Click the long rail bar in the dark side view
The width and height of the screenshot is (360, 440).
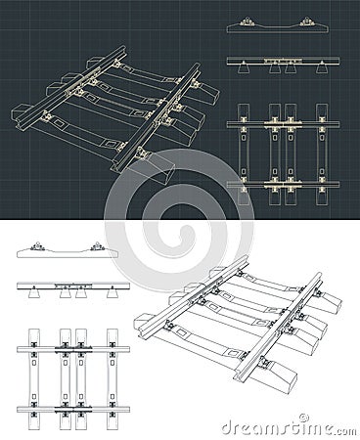(x=284, y=61)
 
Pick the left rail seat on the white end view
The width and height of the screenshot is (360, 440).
(x=34, y=247)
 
